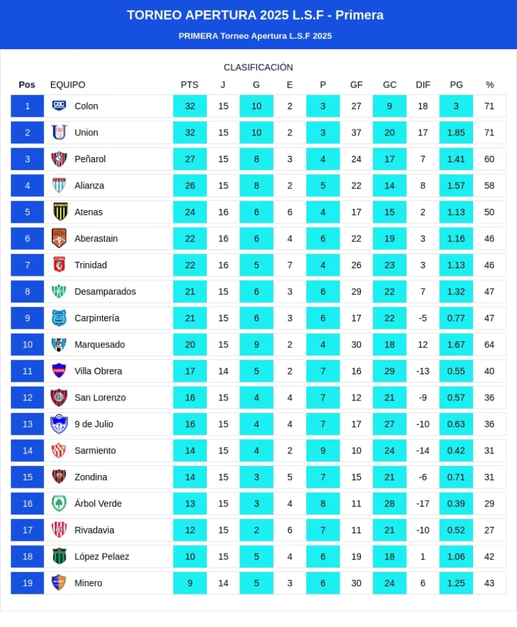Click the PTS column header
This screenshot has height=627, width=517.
(189, 84)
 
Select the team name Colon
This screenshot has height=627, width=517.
(86, 106)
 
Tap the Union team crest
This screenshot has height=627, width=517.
(59, 132)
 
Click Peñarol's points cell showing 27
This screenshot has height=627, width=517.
(190, 159)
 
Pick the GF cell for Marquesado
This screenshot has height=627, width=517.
(356, 344)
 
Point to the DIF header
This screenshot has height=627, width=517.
(423, 84)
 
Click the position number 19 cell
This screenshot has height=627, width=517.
(27, 583)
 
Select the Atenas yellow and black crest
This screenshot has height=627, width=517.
(60, 211)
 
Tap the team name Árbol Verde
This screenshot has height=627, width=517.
(98, 503)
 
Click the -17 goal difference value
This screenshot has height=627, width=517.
(423, 503)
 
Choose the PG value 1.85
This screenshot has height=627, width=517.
(456, 132)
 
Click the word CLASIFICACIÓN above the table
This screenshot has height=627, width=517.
(258, 67)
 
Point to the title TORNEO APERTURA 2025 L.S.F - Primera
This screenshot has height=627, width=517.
(255, 15)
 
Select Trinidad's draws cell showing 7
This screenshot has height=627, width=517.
(289, 265)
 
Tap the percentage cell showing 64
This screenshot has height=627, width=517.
(490, 344)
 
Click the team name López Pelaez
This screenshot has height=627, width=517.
(101, 556)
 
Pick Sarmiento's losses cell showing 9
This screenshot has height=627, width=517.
(323, 450)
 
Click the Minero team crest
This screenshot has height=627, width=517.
(59, 582)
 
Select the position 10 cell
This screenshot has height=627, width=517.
(27, 344)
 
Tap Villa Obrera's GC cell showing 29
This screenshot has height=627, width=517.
(389, 371)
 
